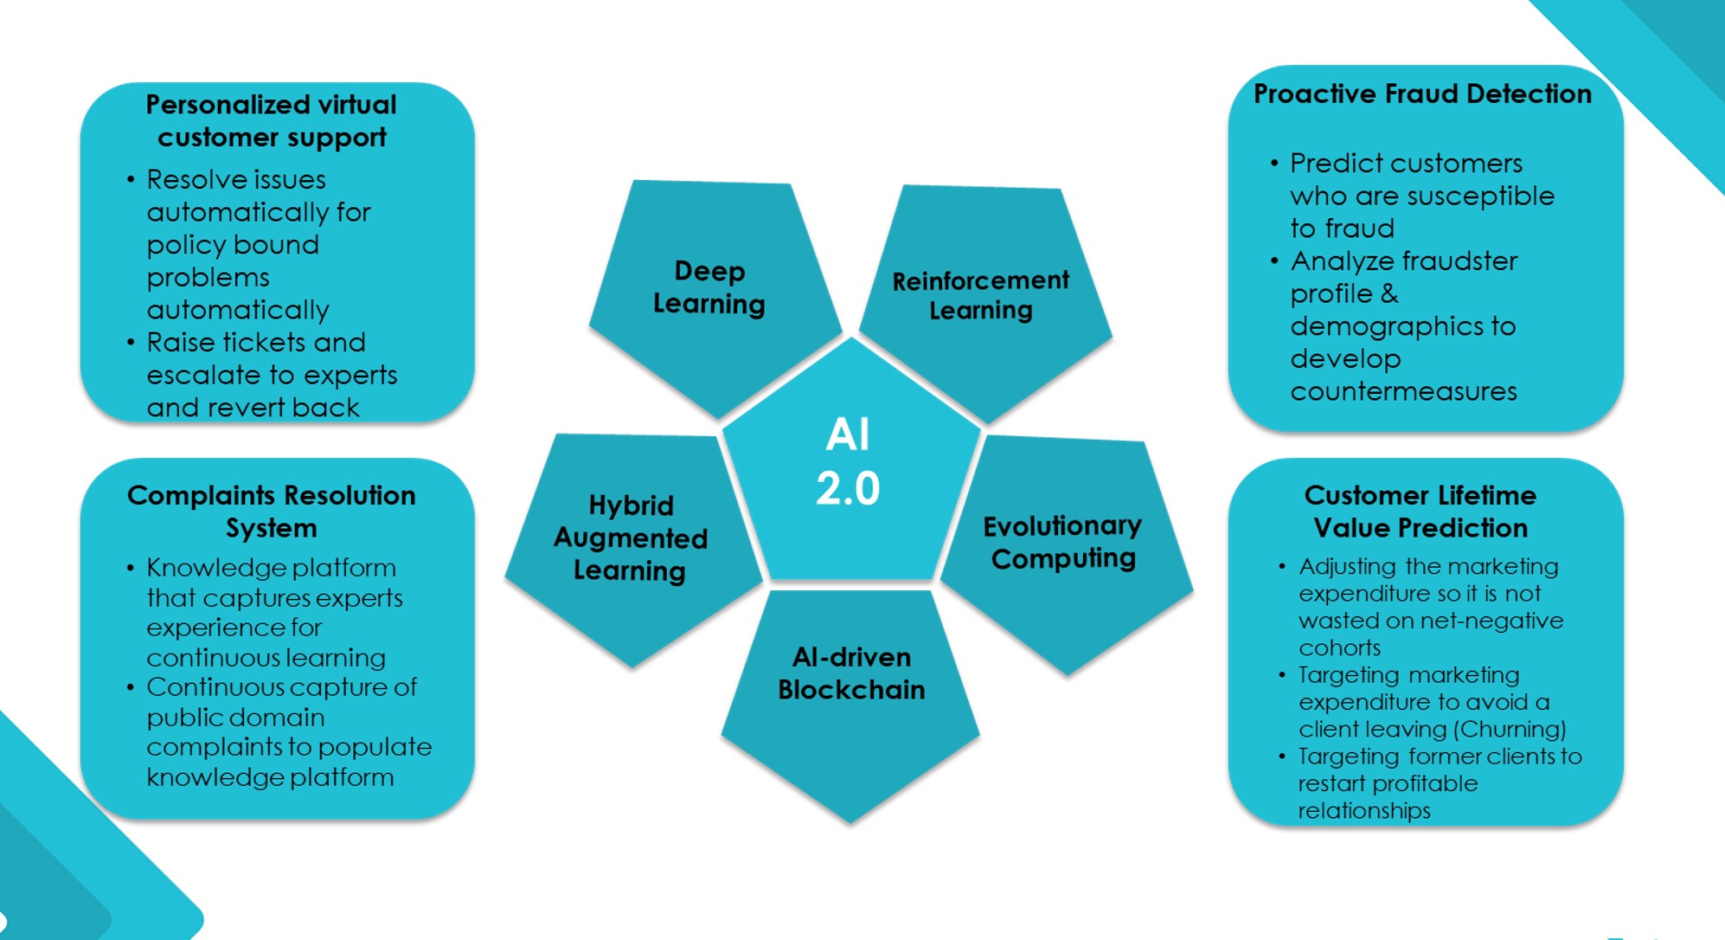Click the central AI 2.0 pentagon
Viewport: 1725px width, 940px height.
coord(850,463)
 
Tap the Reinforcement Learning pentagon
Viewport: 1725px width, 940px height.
coord(982,295)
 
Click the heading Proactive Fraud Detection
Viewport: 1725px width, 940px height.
coord(1422,93)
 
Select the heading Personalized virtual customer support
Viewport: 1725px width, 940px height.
coord(272,121)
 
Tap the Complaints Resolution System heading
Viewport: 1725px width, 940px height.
coord(272,512)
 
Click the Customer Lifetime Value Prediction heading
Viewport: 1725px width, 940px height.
coord(1420,512)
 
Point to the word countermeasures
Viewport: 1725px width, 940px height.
coord(1403,391)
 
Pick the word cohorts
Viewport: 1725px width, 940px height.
coord(1339,647)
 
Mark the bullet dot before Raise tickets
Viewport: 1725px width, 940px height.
coord(131,343)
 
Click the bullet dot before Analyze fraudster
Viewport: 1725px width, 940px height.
coord(1274,261)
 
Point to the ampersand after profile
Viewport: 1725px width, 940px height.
coord(1388,293)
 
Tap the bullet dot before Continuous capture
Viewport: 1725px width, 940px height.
coord(131,688)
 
